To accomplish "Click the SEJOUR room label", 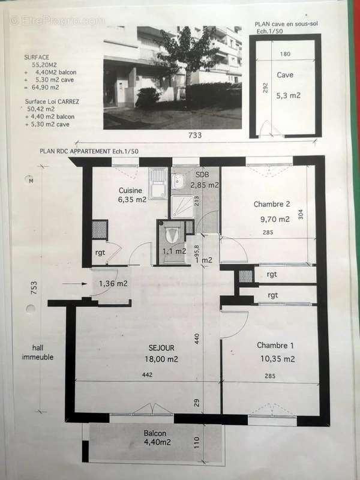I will [x=161, y=347].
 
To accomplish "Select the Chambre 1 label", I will [x=275, y=345].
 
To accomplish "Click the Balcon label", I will [x=155, y=433].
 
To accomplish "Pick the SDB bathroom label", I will [x=201, y=175].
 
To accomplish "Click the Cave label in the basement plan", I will [x=285, y=75].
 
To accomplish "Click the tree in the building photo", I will [x=189, y=51].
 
